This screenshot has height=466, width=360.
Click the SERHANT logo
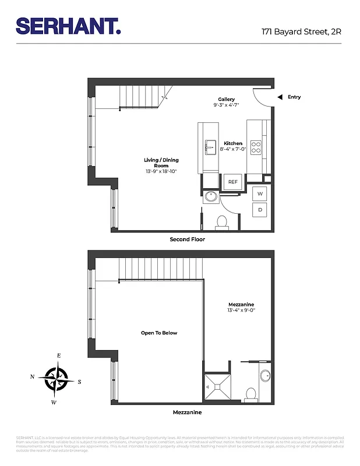tap(68, 26)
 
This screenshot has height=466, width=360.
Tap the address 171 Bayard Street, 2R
tap(301, 31)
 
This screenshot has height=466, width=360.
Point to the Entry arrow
tap(280, 97)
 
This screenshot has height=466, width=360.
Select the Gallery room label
tap(227, 100)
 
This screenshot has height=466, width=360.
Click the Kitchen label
tap(233, 143)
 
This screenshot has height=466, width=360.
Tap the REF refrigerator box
tap(233, 182)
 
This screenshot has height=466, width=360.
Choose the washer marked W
tap(260, 193)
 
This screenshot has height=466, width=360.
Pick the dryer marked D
tap(260, 209)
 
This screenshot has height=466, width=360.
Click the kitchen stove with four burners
tap(256, 145)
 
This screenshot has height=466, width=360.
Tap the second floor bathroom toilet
tap(221, 221)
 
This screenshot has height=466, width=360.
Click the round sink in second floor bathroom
tap(210, 196)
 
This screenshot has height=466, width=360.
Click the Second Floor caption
tap(187, 239)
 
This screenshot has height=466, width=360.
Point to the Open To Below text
tap(158, 333)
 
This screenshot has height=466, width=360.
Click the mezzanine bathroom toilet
tap(252, 394)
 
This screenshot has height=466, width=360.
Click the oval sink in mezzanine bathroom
tap(264, 376)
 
